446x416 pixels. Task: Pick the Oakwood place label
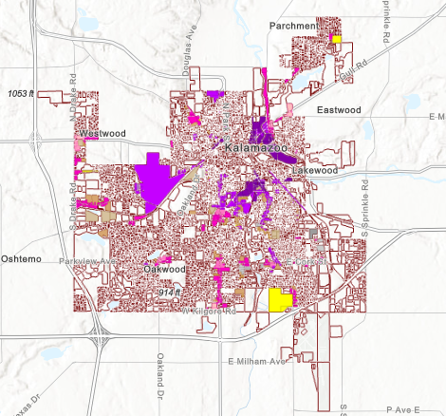(x=163, y=270)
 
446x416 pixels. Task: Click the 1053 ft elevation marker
(x=21, y=94)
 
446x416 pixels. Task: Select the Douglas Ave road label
(x=188, y=56)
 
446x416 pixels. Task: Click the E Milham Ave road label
(x=257, y=362)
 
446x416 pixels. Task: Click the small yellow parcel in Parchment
(x=336, y=39)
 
